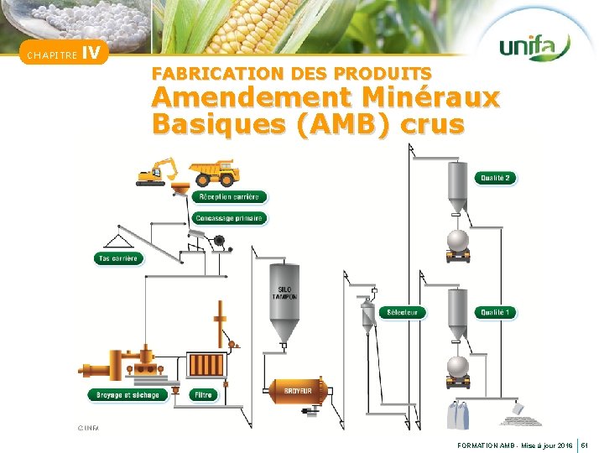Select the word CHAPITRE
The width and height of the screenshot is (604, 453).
click(51, 56)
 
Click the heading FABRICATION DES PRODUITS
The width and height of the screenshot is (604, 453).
click(292, 74)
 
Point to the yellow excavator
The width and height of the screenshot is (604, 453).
click(157, 170)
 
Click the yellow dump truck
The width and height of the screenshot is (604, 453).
click(214, 172)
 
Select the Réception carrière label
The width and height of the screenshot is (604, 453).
click(229, 197)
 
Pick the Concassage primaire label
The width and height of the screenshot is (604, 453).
click(229, 218)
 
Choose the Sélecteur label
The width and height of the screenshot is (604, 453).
click(403, 313)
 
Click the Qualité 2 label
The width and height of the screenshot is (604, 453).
click(495, 178)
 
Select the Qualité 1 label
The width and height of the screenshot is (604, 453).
click(495, 313)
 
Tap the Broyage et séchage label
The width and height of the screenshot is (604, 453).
click(128, 394)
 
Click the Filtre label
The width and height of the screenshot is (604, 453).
click(203, 394)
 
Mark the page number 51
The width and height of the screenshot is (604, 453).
click(587, 443)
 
